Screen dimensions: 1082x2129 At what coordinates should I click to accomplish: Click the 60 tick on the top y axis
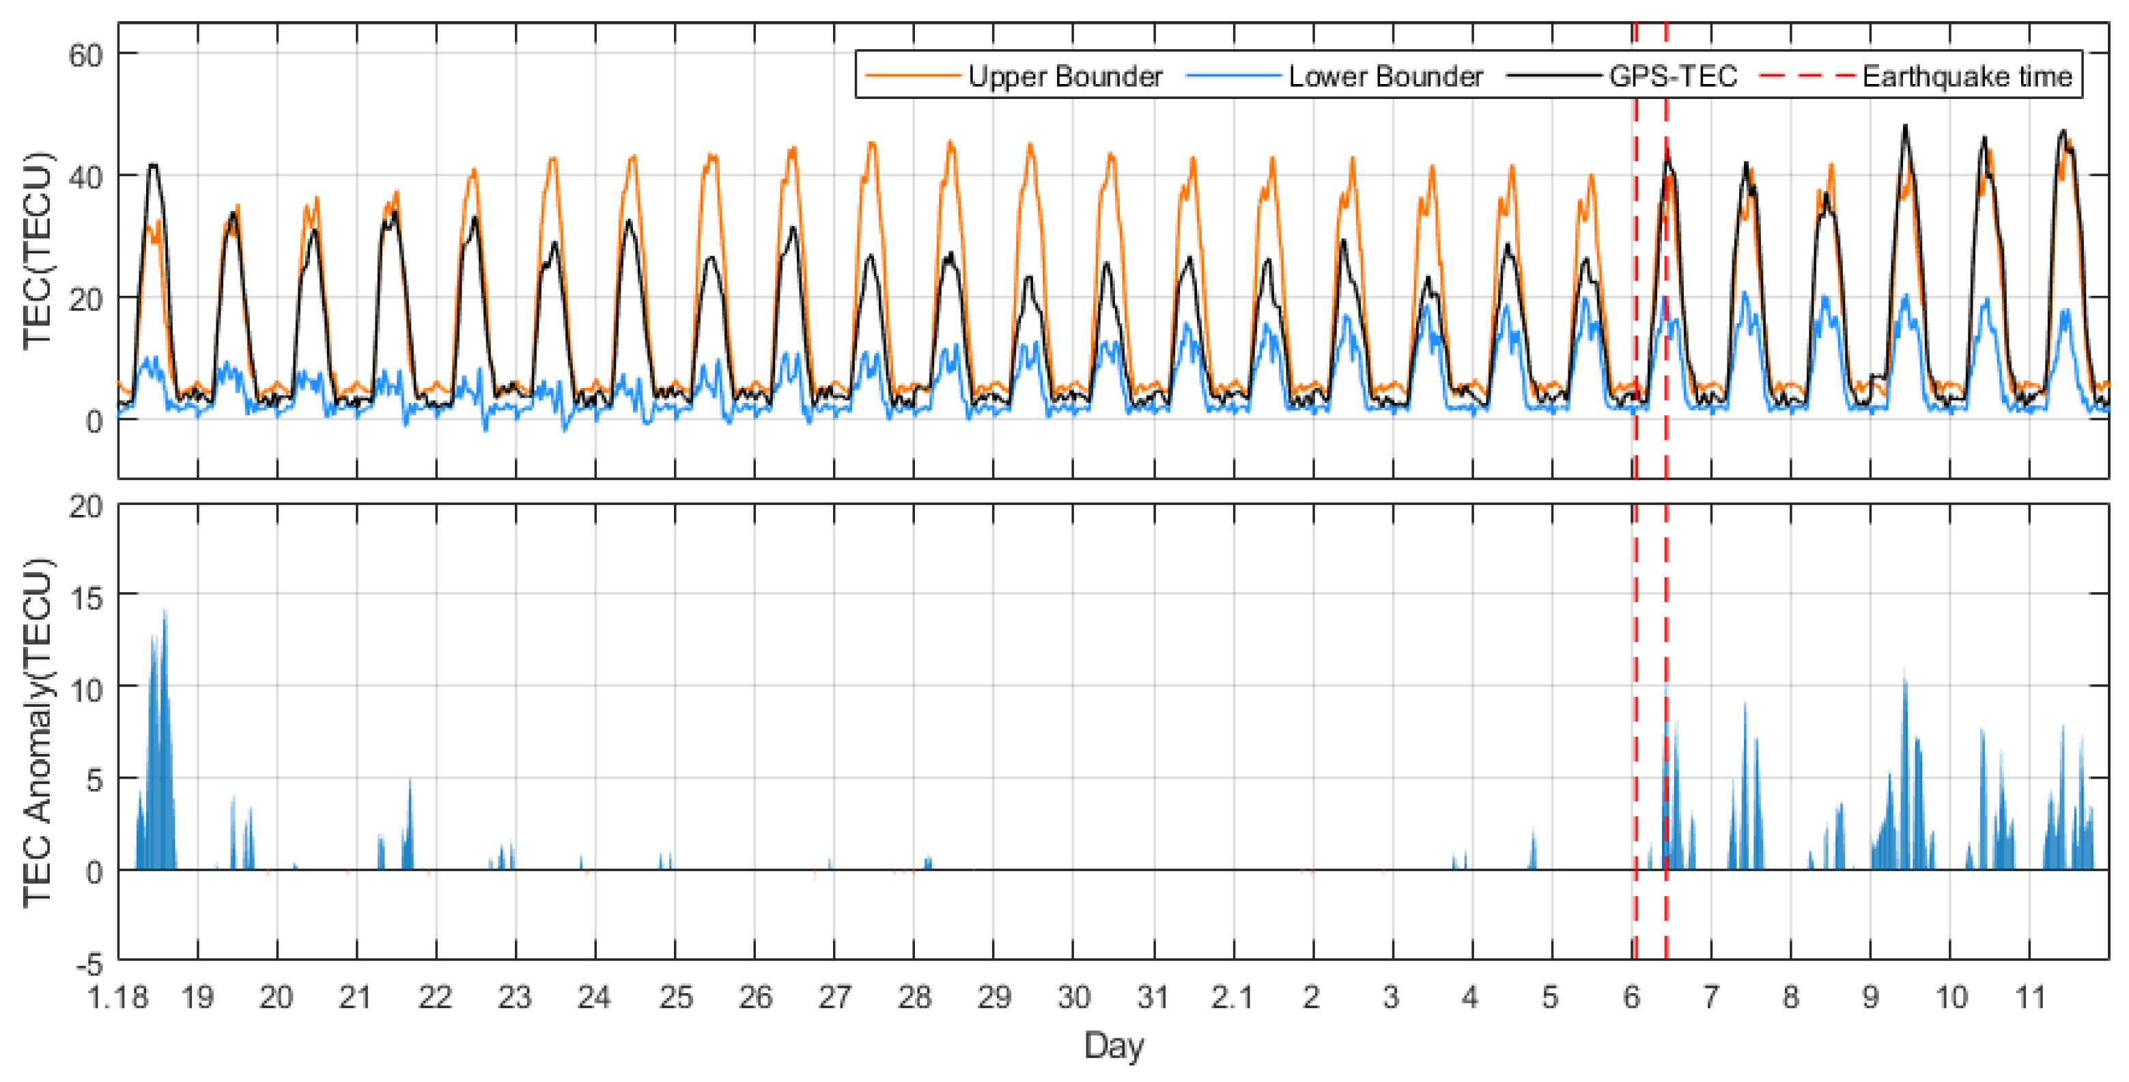(x=85, y=55)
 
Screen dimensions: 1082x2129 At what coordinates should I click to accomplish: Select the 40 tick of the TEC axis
(x=85, y=176)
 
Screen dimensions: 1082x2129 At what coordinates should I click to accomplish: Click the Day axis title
(x=1113, y=1045)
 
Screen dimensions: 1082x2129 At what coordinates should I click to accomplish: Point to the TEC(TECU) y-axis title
(x=37, y=251)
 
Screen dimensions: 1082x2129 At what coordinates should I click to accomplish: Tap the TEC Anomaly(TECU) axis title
(x=37, y=732)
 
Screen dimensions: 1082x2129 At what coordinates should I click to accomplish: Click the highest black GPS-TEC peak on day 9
(x=1905, y=127)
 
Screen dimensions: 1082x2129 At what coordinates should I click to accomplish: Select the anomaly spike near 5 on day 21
(x=410, y=781)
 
